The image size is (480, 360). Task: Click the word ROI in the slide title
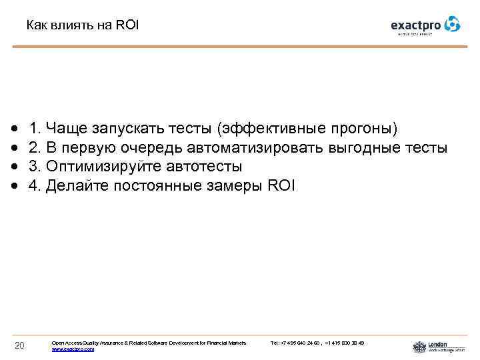127,26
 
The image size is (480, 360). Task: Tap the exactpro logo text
415,25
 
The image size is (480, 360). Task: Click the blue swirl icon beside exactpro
452,24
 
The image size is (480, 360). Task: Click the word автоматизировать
261,147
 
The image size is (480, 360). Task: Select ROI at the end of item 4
280,185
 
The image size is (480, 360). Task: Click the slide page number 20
19,345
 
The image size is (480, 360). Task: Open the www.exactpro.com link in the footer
73,349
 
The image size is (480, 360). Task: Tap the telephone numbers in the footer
317,343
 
